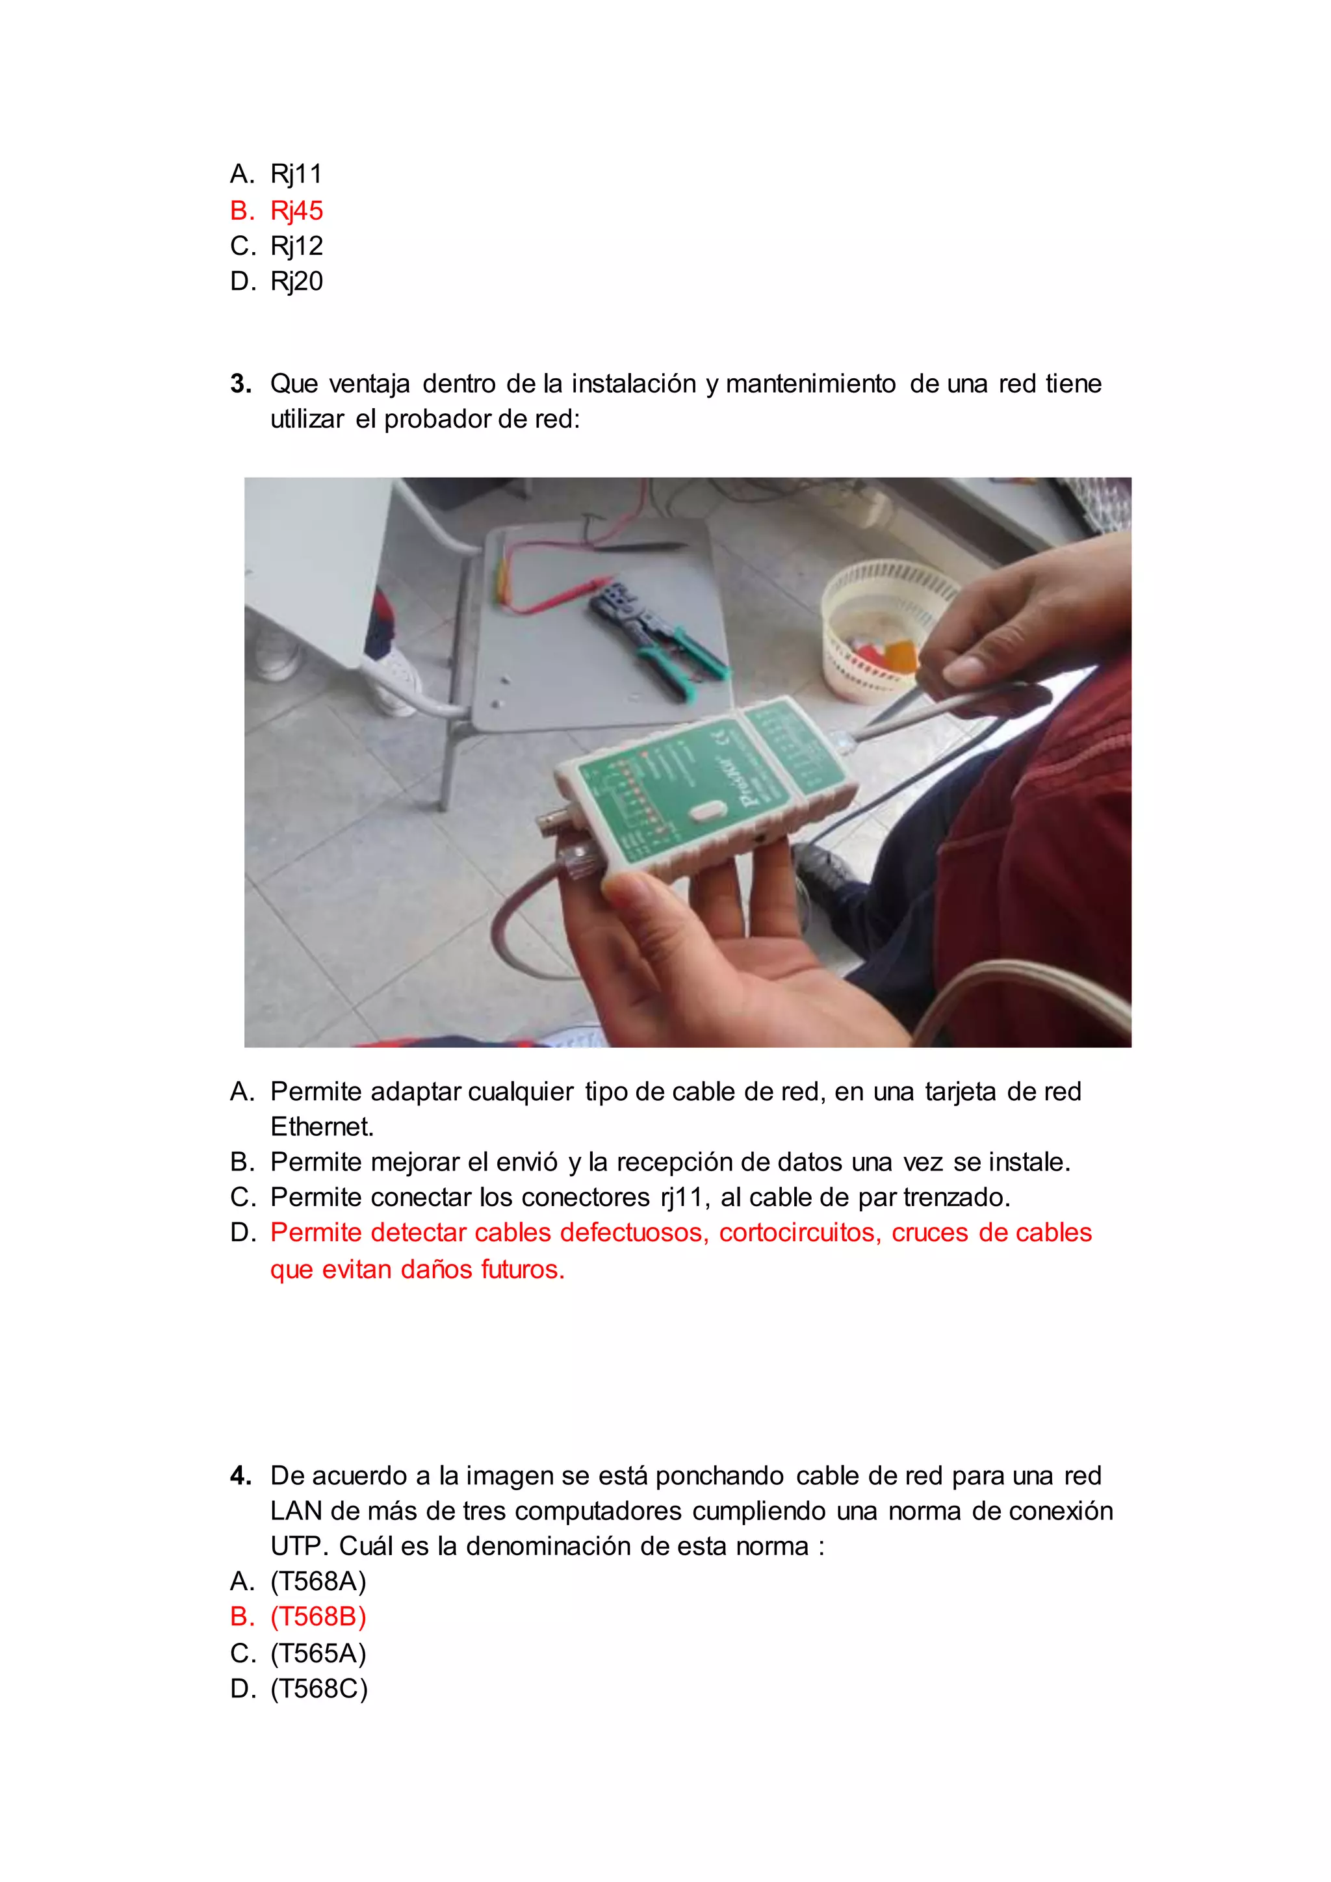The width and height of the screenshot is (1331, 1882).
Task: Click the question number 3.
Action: tap(240, 383)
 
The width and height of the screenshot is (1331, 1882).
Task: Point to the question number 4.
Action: tap(240, 1475)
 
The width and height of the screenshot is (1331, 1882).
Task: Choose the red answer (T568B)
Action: tap(318, 1616)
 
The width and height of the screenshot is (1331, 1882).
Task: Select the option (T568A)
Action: tap(318, 1580)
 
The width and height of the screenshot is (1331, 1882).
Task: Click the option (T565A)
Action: tap(318, 1653)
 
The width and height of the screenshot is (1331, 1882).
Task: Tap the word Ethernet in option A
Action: tap(321, 1127)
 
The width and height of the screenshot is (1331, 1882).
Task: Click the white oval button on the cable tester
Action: tap(706, 812)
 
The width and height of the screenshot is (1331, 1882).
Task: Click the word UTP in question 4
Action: tap(298, 1546)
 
